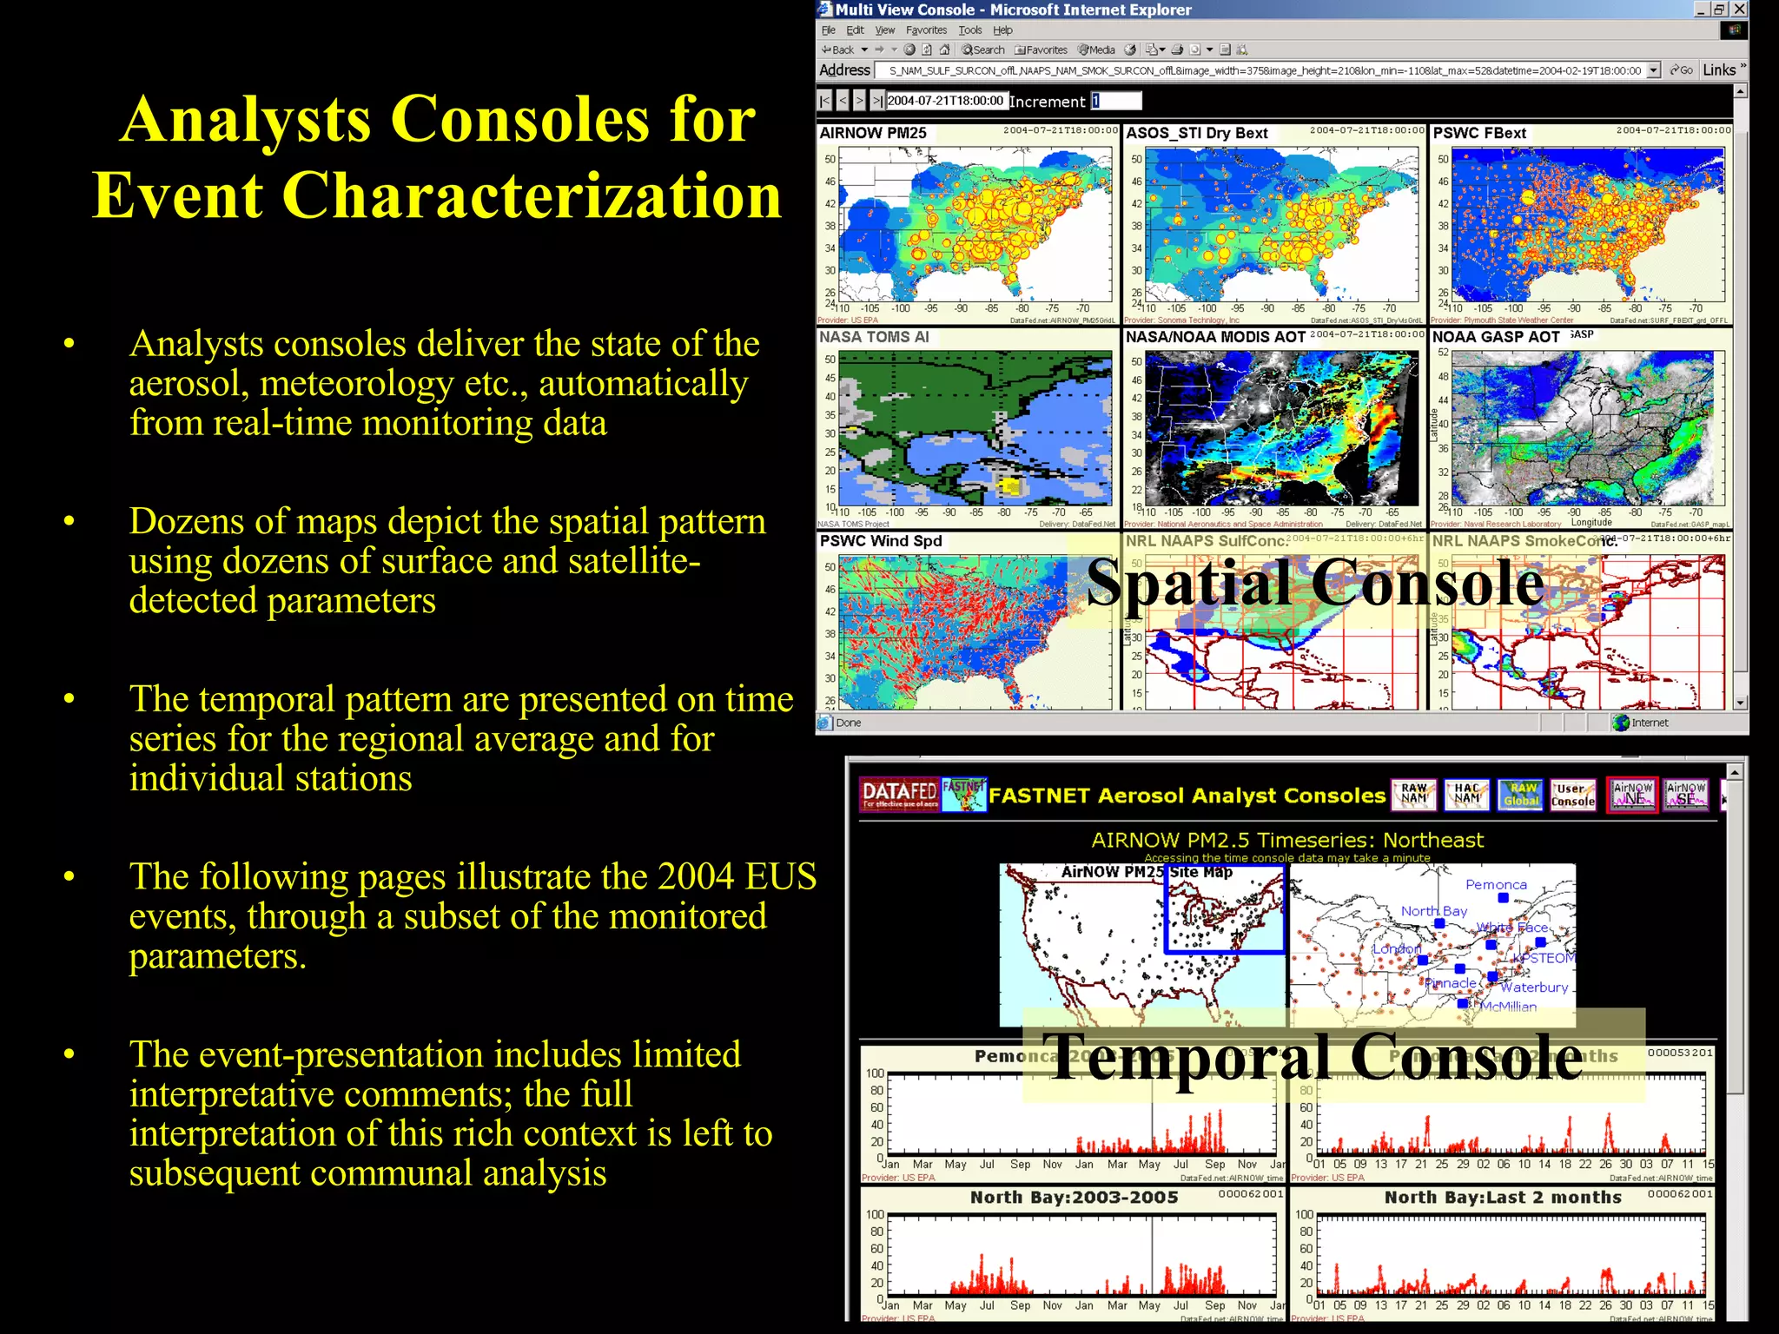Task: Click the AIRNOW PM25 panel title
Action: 872,133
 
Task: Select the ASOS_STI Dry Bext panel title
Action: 1196,133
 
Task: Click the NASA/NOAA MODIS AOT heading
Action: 1214,337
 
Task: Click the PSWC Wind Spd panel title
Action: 880,541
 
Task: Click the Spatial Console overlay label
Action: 1314,583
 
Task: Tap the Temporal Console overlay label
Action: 1312,1057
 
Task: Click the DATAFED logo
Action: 899,794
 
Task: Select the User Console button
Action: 1572,795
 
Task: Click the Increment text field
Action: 1116,101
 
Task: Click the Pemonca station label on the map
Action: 1495,885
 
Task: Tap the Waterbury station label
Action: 1533,987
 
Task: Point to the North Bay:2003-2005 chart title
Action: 1074,1198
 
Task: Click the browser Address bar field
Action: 1260,70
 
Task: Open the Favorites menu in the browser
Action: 926,30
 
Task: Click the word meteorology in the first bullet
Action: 356,384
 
